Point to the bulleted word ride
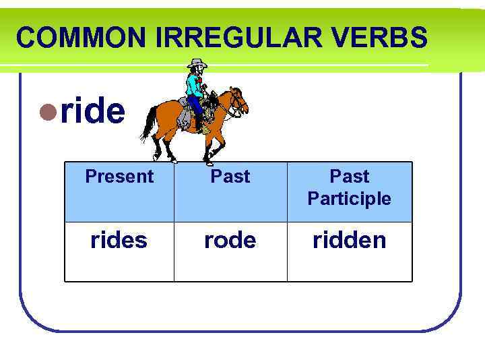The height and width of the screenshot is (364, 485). (x=92, y=111)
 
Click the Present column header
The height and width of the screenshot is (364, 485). (x=119, y=177)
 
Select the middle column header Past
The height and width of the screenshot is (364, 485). (x=230, y=177)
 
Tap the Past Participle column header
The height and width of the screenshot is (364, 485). (x=349, y=187)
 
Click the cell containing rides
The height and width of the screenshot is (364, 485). (x=119, y=240)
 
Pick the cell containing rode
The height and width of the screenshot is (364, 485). (x=230, y=240)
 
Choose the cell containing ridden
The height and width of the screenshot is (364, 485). (x=349, y=240)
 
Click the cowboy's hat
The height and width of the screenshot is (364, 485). (x=197, y=64)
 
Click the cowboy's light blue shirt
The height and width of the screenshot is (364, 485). (x=194, y=85)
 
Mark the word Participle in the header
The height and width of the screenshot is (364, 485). (x=349, y=199)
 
